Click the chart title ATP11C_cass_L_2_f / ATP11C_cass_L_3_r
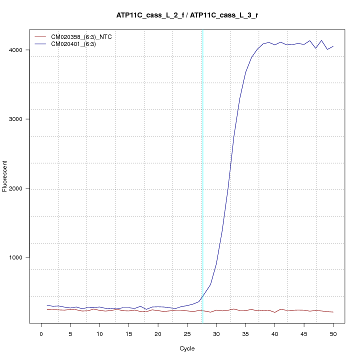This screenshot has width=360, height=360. [x=187, y=15]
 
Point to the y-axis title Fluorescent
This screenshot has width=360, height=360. [x=5, y=176]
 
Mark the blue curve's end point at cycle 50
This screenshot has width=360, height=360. [x=333, y=46]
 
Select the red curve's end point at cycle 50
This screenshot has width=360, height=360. [x=333, y=312]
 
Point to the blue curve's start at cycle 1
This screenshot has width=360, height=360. [x=47, y=305]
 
